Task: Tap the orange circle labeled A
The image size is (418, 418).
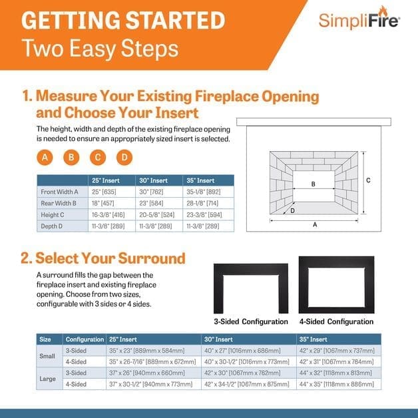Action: tap(45, 158)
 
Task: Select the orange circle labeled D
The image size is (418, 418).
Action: tap(124, 158)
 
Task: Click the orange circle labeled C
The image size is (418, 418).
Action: tap(98, 158)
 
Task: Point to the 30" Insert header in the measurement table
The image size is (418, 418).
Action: tap(154, 180)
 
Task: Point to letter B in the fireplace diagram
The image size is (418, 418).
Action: tap(313, 183)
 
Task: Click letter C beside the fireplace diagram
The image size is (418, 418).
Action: tap(368, 180)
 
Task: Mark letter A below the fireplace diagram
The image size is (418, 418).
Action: tap(314, 225)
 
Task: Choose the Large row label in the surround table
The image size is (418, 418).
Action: tap(48, 378)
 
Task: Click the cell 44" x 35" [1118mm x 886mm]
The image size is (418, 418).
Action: tap(337, 384)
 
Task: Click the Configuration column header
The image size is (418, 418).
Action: tap(85, 339)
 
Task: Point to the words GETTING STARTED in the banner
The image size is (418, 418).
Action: tap(123, 20)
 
